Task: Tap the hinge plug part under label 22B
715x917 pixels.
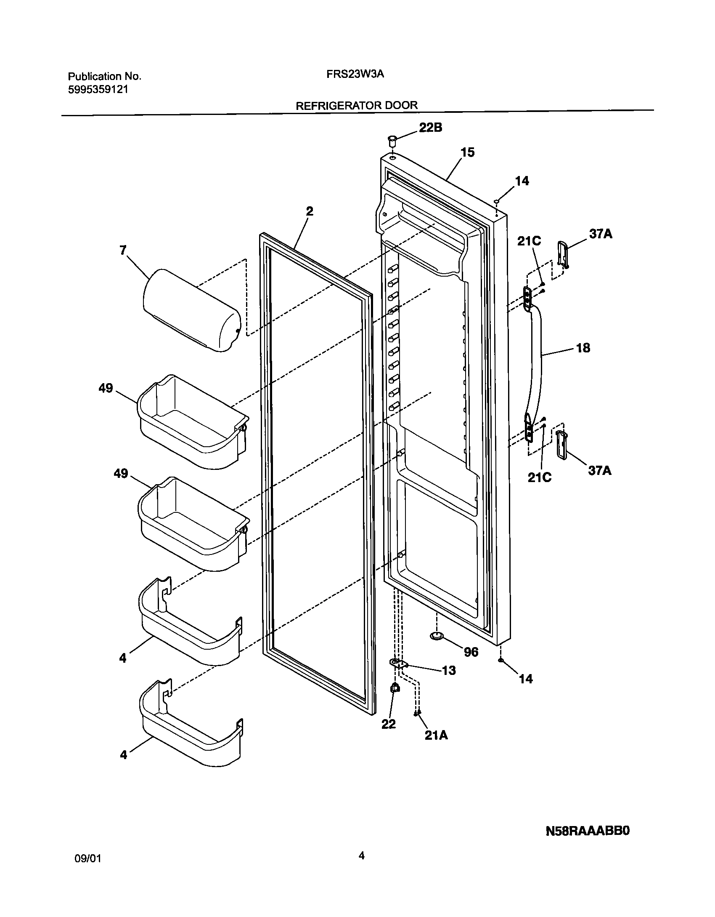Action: (392, 139)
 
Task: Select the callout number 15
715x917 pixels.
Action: (467, 152)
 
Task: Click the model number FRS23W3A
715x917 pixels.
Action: (355, 75)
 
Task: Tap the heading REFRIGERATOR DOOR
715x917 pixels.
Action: (357, 105)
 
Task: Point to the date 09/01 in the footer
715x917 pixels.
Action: (87, 859)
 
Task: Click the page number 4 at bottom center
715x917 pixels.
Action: (361, 855)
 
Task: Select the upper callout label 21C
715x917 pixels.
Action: (529, 241)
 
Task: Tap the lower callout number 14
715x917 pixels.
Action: (526, 679)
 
